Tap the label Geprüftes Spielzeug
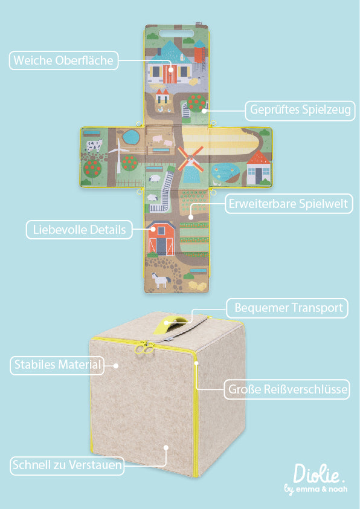point(300,110)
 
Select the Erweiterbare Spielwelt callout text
point(288,204)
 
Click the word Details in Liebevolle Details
point(108,230)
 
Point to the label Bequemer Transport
point(289,308)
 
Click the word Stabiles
point(34,365)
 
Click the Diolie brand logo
point(317,479)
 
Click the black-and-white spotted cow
point(94,145)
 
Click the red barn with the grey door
point(161,238)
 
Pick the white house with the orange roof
point(259,167)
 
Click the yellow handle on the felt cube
point(176,320)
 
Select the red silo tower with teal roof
point(199,52)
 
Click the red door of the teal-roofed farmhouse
point(170,74)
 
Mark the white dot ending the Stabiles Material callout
point(116,366)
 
